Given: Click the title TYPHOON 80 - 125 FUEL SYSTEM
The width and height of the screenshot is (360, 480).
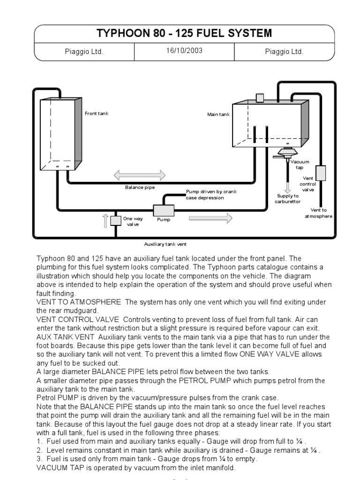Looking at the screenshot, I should (184, 33).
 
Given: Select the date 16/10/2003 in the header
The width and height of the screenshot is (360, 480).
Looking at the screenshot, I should (184, 51).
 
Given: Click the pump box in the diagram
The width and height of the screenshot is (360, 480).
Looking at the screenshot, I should (164, 210).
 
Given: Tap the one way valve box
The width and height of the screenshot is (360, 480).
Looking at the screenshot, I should (116, 221).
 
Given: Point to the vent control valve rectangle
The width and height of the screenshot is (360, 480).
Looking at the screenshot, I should (321, 172).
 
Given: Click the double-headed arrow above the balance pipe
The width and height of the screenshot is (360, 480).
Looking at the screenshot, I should (140, 175).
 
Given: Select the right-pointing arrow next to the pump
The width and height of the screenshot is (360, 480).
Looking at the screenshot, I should (210, 217).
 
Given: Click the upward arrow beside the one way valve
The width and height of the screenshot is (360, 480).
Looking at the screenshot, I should (105, 220).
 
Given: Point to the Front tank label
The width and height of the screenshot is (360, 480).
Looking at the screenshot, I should (97, 113).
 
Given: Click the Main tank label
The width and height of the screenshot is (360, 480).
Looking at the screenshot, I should (218, 114).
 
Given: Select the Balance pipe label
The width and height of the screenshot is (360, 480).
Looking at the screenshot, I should (140, 187).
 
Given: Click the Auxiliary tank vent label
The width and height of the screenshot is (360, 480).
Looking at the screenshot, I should (165, 244).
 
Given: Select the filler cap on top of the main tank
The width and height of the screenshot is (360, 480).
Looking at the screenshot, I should (259, 97).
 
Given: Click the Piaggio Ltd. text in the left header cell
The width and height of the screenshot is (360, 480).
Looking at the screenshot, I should (84, 52).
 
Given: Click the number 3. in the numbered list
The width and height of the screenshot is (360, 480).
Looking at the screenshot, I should (39, 459).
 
